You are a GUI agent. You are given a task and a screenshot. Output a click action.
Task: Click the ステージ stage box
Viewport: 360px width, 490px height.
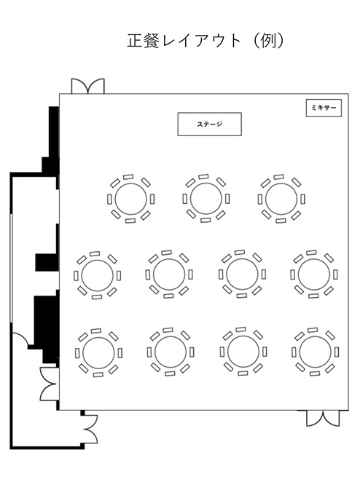pyautogui.click(x=209, y=124)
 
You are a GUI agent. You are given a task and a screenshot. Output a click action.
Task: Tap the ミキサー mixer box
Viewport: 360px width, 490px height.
pyautogui.click(x=324, y=108)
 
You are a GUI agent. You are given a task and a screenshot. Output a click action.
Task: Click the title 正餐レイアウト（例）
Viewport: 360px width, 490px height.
pyautogui.click(x=206, y=41)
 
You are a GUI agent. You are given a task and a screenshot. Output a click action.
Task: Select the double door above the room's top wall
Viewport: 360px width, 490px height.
pyautogui.click(x=87, y=86)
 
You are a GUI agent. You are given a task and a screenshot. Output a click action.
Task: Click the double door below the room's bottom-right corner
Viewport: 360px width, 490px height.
pyautogui.click(x=322, y=418)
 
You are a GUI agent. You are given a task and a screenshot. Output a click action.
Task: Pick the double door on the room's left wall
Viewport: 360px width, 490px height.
pyautogui.click(x=50, y=384)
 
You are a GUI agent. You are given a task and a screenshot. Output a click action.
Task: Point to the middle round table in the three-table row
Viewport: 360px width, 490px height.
pyautogui.click(x=206, y=199)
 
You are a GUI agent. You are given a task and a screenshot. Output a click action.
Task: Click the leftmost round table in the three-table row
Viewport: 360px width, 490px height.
pyautogui.click(x=130, y=199)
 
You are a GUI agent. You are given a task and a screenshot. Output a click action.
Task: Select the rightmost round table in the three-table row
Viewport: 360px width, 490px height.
pyautogui.click(x=281, y=199)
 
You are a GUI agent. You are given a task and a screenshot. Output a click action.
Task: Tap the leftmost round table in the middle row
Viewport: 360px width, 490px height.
pyautogui.click(x=97, y=275)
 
